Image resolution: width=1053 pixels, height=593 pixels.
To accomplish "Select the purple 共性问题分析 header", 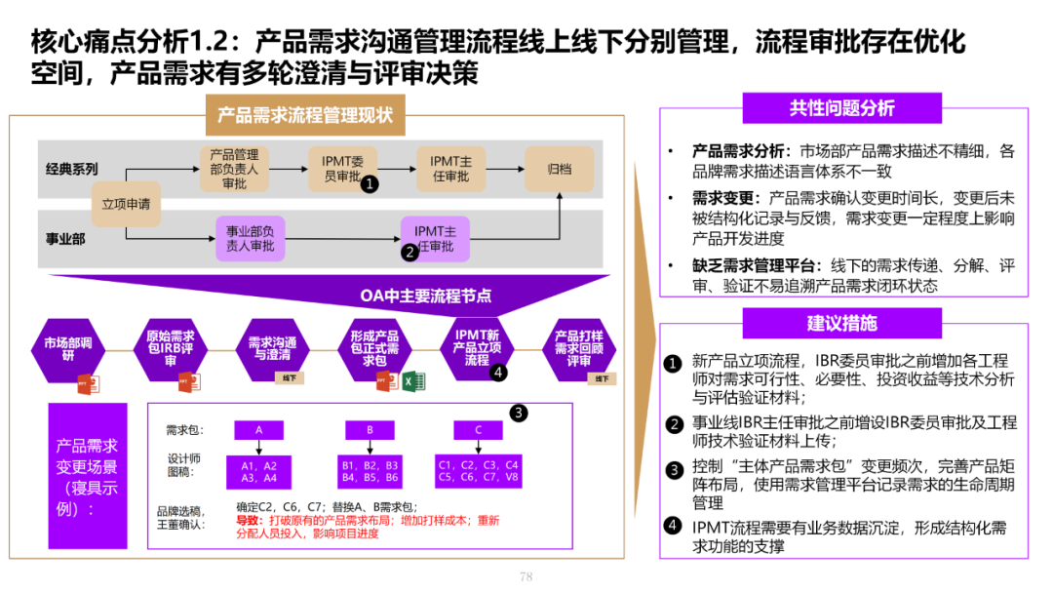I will coord(841,108).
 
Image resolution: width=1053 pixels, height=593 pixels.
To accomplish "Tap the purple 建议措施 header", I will coord(841,323).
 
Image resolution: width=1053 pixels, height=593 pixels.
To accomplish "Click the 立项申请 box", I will coord(127,205).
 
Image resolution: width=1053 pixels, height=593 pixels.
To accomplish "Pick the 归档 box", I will coord(560,169).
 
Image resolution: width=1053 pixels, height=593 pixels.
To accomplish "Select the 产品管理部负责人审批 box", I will coord(234,169).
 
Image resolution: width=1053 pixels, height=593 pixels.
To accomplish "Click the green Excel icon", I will coord(409,380).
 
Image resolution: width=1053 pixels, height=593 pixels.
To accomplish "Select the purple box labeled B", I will coord(370,429).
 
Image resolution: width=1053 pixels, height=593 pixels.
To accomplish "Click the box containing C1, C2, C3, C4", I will coord(479,471).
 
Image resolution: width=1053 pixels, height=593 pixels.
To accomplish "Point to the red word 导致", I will coord(247,521).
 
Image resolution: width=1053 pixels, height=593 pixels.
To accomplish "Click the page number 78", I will coord(526,576).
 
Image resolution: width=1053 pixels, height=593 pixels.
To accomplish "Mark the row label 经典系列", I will coord(72,169).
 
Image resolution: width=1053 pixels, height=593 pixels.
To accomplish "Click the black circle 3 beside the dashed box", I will coord(519,413).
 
